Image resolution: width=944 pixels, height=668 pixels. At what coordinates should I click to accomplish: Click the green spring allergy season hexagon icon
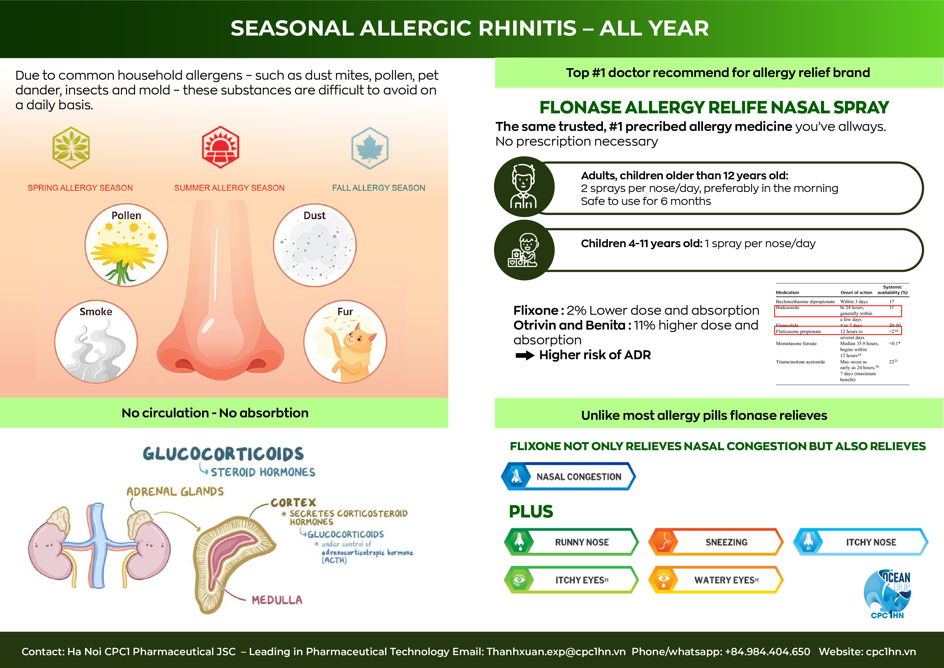point(71,148)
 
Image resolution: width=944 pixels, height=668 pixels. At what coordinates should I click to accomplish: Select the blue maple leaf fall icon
point(370,148)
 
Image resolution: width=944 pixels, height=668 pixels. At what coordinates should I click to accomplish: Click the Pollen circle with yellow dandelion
point(126,245)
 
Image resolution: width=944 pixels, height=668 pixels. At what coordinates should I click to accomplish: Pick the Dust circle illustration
point(315,245)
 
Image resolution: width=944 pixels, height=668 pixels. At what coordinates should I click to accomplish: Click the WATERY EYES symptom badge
point(716,580)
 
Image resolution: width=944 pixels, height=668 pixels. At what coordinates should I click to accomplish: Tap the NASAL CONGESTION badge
point(568,476)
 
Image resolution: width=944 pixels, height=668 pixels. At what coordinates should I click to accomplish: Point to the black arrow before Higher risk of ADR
point(525,355)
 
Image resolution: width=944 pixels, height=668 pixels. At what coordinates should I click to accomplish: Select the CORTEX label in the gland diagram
point(293,502)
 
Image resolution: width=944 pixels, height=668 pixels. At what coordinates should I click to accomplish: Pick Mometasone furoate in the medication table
point(796,344)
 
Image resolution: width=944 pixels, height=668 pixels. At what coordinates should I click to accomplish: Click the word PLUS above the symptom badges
point(531,512)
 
